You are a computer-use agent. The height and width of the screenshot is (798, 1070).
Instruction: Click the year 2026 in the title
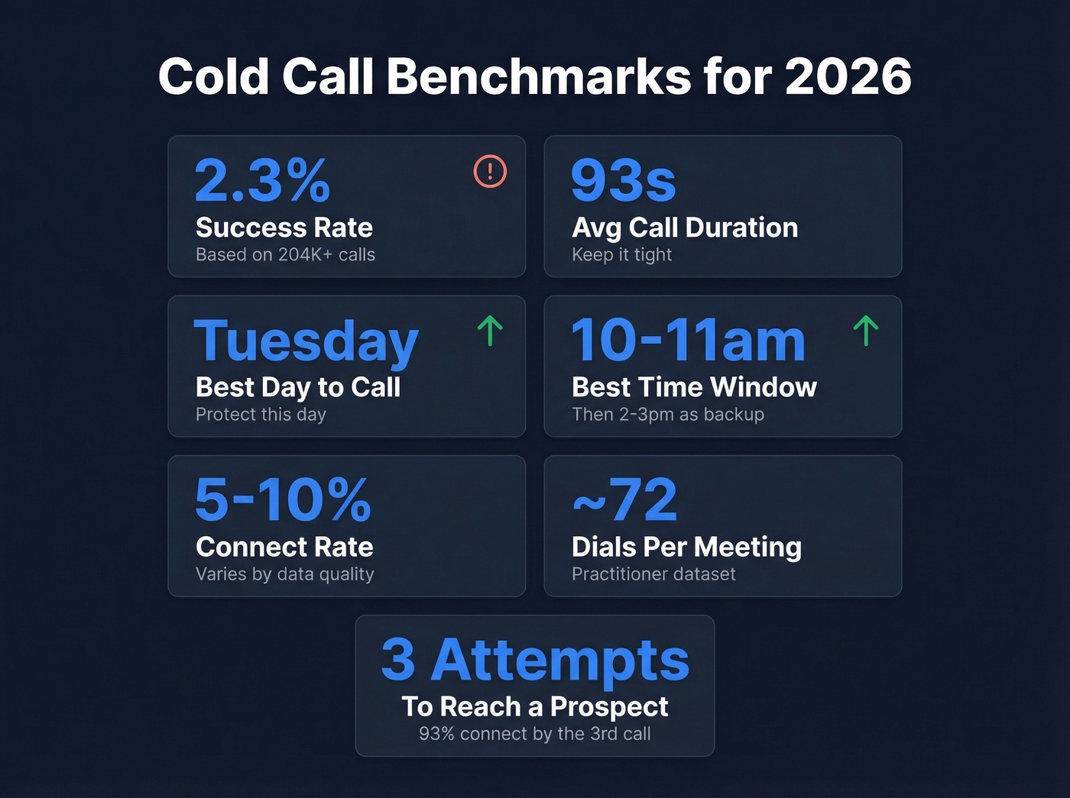pyautogui.click(x=848, y=77)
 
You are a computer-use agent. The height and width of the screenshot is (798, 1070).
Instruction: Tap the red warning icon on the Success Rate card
pyautogui.click(x=490, y=171)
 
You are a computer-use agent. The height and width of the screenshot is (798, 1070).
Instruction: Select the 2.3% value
pyautogui.click(x=262, y=181)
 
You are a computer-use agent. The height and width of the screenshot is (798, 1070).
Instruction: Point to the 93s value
pyautogui.click(x=624, y=181)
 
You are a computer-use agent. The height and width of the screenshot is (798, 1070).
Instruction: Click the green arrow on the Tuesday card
pyautogui.click(x=490, y=331)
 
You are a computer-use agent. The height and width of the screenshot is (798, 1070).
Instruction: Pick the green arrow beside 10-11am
pyautogui.click(x=865, y=331)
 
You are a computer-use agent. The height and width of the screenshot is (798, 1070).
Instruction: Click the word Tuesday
pyautogui.click(x=306, y=341)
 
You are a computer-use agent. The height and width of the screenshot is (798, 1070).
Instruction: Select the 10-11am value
pyautogui.click(x=688, y=341)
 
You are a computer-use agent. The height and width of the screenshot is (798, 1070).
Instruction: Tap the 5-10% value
pyautogui.click(x=283, y=500)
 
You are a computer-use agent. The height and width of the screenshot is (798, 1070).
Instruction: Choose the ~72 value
pyautogui.click(x=625, y=500)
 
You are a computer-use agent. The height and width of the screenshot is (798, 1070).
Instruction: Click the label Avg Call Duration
pyautogui.click(x=685, y=228)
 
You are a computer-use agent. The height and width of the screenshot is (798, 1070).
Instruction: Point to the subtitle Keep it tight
pyautogui.click(x=621, y=254)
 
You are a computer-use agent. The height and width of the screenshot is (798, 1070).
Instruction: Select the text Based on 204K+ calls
pyautogui.click(x=285, y=254)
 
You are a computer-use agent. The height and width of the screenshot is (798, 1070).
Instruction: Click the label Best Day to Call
pyautogui.click(x=298, y=387)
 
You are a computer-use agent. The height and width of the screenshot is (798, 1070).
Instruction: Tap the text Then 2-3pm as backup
pyautogui.click(x=668, y=414)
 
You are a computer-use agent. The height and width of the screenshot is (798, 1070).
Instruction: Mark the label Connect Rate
pyautogui.click(x=284, y=547)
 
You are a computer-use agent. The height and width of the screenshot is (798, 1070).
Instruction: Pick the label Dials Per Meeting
pyautogui.click(x=686, y=547)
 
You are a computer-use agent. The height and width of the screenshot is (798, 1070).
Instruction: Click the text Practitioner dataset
pyautogui.click(x=653, y=573)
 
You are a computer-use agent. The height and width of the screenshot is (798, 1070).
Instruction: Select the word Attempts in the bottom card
pyautogui.click(x=560, y=660)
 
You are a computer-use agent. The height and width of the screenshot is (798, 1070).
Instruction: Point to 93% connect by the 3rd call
pyautogui.click(x=535, y=733)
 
